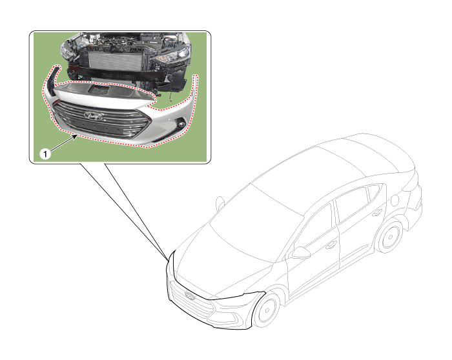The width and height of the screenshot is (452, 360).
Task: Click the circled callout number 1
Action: (x=45, y=154)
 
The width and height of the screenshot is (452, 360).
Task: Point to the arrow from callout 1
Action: (x=64, y=143)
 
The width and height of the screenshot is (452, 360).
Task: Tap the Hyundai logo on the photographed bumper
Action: (x=94, y=115)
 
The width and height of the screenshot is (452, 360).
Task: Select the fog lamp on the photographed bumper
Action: (x=181, y=125)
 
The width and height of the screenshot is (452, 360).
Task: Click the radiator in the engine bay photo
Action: (x=116, y=60)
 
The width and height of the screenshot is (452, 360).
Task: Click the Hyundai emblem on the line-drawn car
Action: (x=190, y=295)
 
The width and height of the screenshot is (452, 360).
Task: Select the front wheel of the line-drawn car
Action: (x=267, y=310)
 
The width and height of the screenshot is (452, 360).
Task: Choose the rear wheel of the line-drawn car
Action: (x=390, y=237)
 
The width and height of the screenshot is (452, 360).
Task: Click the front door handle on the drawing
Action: (x=331, y=245)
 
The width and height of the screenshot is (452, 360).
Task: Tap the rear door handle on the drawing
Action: (x=376, y=213)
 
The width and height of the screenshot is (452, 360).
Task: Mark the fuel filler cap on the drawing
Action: (x=395, y=200)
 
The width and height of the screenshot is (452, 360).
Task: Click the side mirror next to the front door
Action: (x=300, y=252)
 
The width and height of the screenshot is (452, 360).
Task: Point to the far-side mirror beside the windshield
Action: (x=220, y=203)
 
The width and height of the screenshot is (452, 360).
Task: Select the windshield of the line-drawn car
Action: (x=256, y=222)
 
